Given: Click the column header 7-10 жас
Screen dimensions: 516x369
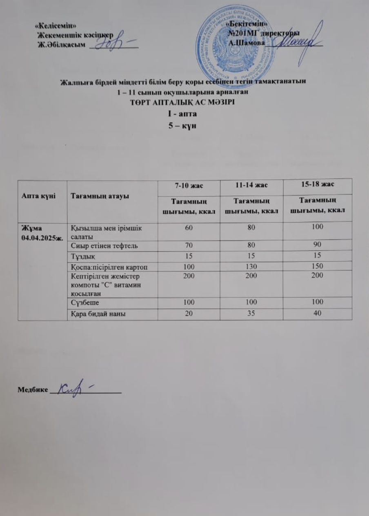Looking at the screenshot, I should point(188,186).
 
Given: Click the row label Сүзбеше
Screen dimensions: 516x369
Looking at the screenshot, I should point(84,303).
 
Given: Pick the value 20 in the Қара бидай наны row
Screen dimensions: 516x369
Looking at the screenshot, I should point(188,314).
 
